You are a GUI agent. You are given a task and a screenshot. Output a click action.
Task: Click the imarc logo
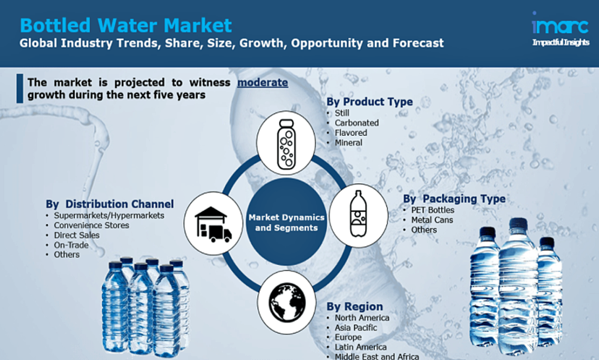click(560, 29)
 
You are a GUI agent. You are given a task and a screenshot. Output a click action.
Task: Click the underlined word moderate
click(263, 83)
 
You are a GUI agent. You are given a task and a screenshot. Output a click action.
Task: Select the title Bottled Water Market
click(126, 25)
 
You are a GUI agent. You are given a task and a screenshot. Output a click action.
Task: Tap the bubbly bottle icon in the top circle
click(286, 144)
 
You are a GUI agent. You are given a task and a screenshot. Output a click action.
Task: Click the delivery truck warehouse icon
click(213, 224)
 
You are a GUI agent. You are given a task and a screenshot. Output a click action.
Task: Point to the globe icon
click(287, 302)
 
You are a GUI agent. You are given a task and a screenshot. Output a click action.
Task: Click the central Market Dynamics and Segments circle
click(287, 222)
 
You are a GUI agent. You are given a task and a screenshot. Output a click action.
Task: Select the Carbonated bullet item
click(357, 123)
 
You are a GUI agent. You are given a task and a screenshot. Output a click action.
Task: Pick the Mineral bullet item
click(349, 143)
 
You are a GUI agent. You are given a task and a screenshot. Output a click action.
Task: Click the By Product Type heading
click(370, 102)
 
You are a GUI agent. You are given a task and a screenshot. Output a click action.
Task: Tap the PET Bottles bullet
click(432, 210)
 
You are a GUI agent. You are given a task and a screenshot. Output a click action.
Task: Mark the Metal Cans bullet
click(432, 220)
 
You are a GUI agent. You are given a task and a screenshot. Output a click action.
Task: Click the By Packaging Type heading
click(454, 198)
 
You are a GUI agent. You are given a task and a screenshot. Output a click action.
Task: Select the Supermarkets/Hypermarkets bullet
click(109, 215)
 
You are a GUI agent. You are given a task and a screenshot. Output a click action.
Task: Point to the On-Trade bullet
click(71, 245)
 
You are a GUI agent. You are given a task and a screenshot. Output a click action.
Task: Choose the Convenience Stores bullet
click(91, 225)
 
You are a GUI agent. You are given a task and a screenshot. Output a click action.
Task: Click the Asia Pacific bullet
click(356, 328)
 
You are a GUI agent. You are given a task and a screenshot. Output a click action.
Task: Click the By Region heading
click(354, 307)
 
